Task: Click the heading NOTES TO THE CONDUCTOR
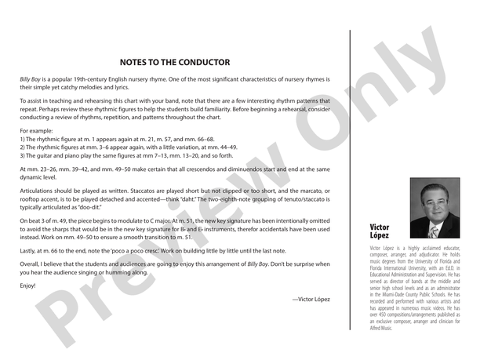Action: coord(174,62)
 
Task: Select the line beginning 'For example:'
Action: coord(37,129)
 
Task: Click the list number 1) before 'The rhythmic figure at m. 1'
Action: coord(23,139)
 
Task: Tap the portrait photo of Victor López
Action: coord(435,208)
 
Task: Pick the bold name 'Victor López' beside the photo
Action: coord(380,231)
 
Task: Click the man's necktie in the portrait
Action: coord(434,231)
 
